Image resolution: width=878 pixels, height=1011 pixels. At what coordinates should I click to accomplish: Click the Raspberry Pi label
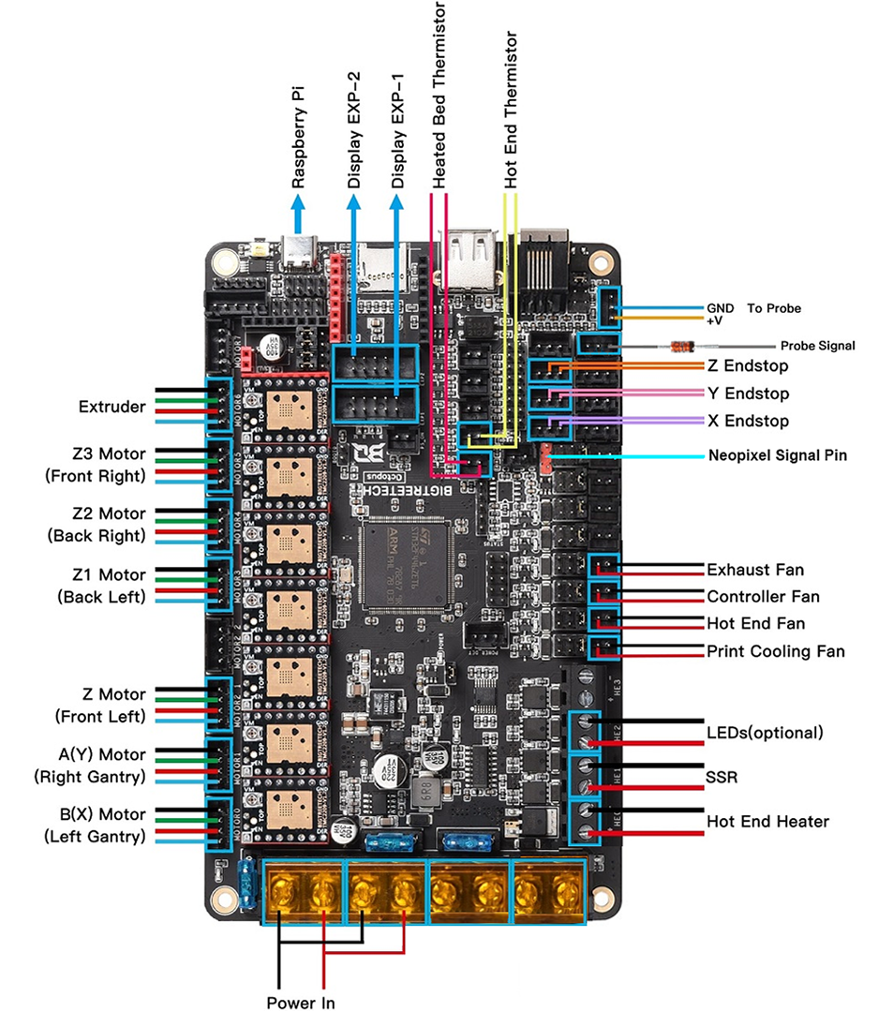[x=299, y=140]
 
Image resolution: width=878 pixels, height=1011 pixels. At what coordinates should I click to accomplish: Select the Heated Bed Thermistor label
[x=439, y=94]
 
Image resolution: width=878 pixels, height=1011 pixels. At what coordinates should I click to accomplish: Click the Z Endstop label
[x=747, y=365]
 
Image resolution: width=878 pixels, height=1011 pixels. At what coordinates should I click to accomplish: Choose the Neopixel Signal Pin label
[x=777, y=456]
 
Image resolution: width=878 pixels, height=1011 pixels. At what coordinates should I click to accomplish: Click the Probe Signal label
[x=817, y=346]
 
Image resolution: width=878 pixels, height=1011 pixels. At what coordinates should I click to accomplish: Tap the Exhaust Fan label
[x=755, y=570]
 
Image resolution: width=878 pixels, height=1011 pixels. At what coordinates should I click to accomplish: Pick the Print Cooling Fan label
[x=776, y=651]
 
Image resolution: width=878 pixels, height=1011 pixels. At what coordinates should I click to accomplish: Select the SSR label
[x=722, y=779]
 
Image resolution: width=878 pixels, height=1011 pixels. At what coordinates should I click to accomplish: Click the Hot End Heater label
[x=767, y=822]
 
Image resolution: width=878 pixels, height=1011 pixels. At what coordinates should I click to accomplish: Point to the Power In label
[x=300, y=1003]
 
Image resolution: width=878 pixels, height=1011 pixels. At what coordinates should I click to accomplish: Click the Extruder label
[x=112, y=407]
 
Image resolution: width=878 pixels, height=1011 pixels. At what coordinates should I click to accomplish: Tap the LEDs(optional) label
[x=765, y=732]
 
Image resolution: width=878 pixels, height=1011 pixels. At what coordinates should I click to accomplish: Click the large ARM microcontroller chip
[x=407, y=562]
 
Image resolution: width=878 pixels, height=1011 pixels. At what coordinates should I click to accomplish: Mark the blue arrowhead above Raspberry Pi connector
[x=299, y=218]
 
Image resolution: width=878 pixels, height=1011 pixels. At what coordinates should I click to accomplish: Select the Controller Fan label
[x=763, y=597]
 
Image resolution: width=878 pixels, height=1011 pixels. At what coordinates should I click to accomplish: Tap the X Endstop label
[x=747, y=421]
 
